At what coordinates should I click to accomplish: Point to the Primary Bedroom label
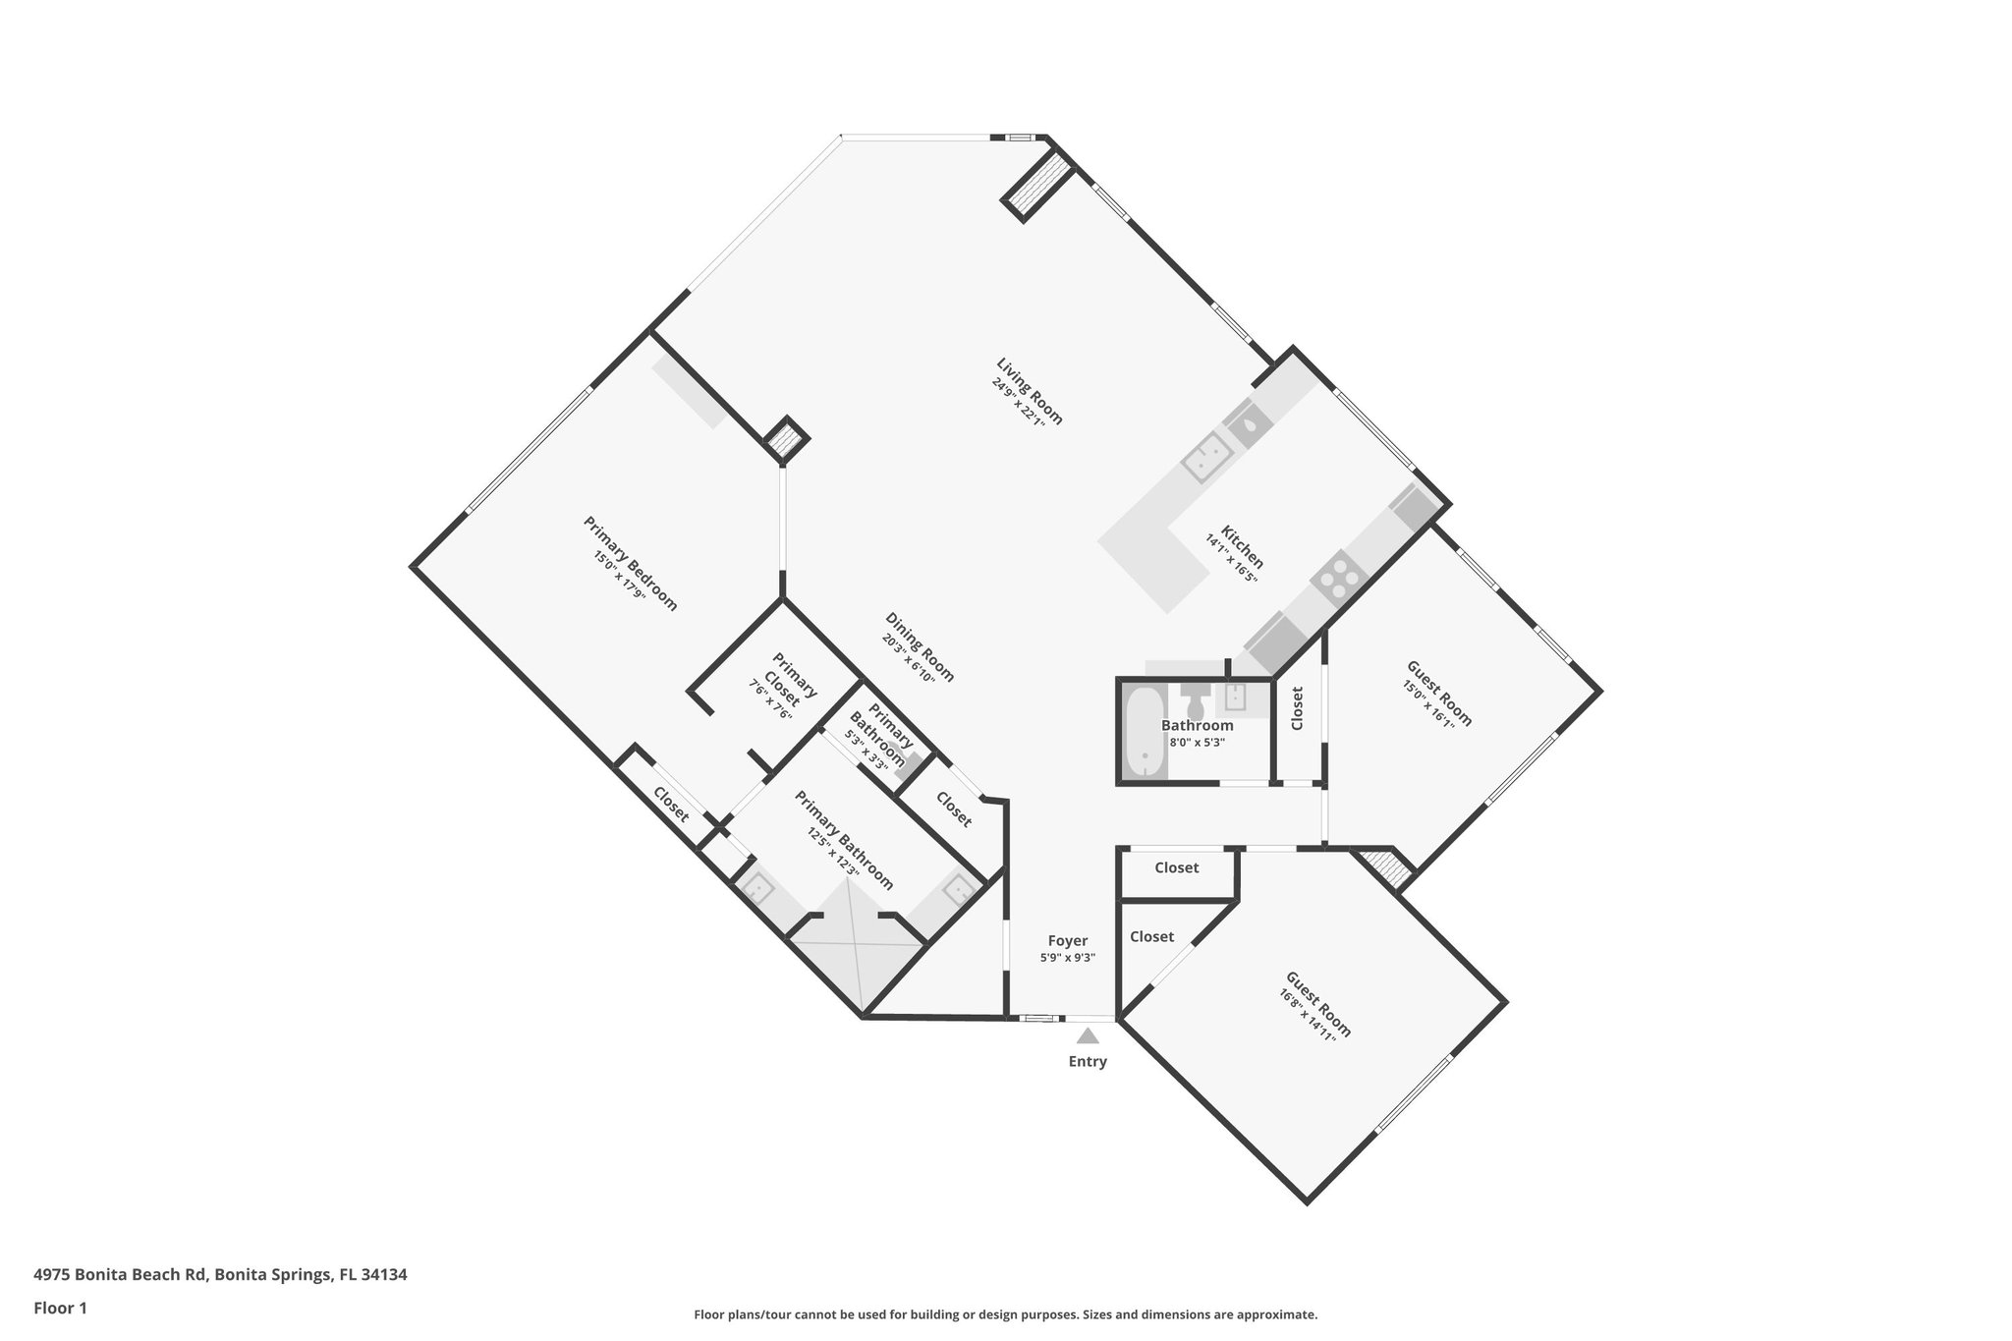(x=631, y=563)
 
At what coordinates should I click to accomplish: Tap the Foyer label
(x=1067, y=941)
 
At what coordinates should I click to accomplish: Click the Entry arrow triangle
(x=1088, y=1035)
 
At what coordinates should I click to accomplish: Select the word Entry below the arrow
(x=1088, y=1061)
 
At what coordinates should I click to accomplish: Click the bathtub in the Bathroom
(x=1144, y=731)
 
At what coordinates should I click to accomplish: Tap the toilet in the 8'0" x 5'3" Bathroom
(x=1197, y=703)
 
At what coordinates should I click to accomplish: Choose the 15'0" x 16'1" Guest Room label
(x=1439, y=694)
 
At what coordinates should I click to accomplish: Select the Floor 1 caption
(x=61, y=1308)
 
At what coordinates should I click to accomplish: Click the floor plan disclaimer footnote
(x=1005, y=1314)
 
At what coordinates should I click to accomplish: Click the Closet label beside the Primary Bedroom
(x=671, y=805)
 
